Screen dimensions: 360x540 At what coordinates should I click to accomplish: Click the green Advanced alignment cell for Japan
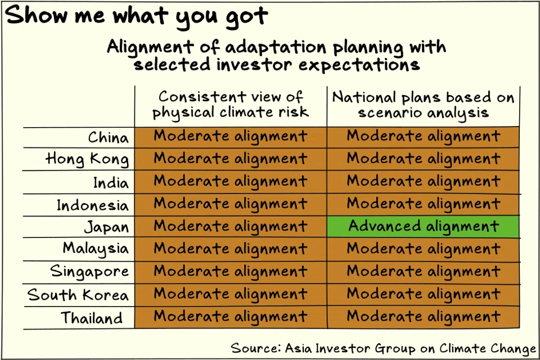pos(423,227)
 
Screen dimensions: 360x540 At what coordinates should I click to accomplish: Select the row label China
pos(108,137)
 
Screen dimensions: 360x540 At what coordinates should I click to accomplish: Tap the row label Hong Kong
pos(87,160)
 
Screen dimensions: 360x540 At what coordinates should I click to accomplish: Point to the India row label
pos(111,182)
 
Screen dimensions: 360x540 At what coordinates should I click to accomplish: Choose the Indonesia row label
pos(92,205)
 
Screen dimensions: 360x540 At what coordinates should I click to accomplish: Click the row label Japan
pos(106,227)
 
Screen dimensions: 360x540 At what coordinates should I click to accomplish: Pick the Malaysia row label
pos(96,249)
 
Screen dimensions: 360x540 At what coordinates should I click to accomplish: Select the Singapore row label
pos(89,272)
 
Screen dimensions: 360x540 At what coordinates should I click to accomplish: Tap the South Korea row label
pos(78,295)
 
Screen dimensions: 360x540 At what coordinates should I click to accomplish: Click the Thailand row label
pos(92,318)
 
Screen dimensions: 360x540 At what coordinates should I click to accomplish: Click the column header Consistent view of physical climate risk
pos(231,105)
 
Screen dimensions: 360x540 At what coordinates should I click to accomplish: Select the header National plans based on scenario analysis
pos(423,105)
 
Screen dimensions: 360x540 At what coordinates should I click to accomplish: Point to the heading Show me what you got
pos(137,17)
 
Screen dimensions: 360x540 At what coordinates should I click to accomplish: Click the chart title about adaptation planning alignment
pos(276,55)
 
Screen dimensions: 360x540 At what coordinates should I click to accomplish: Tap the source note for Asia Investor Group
pos(383,348)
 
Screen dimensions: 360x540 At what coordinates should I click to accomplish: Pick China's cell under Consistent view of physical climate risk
pos(231,137)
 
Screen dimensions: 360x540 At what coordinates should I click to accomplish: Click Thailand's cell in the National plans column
pos(423,317)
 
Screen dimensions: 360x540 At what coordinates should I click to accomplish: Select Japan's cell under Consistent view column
pos(231,227)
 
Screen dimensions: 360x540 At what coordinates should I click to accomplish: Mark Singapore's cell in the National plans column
pos(423,272)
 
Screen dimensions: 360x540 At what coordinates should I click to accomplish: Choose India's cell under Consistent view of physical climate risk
pos(231,182)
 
